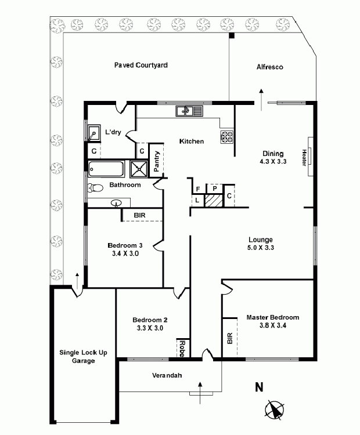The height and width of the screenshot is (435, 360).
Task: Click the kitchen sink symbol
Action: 189,111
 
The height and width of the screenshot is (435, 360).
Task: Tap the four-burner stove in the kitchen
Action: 227,137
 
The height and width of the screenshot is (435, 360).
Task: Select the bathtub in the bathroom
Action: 106,169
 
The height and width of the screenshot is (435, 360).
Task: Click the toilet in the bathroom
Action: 95,188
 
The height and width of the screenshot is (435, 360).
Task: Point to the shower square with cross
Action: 139,169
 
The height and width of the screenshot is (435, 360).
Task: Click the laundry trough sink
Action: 93,132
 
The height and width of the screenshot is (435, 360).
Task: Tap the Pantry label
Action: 156,161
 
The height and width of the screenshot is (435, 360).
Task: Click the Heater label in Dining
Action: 304,158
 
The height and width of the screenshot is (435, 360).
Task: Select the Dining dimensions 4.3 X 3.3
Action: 273,161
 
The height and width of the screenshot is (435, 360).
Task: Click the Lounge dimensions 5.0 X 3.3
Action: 261,248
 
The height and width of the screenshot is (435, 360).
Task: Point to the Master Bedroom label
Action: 273,317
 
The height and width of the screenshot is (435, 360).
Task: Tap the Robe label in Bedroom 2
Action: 182,349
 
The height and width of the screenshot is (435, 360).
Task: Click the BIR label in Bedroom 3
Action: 139,215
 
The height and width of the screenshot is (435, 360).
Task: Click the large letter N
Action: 259,387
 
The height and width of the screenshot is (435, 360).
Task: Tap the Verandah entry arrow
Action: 200,393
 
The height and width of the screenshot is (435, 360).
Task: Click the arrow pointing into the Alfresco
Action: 261,100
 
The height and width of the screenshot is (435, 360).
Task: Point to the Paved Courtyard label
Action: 141,65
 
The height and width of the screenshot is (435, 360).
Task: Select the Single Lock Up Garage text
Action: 84,357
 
